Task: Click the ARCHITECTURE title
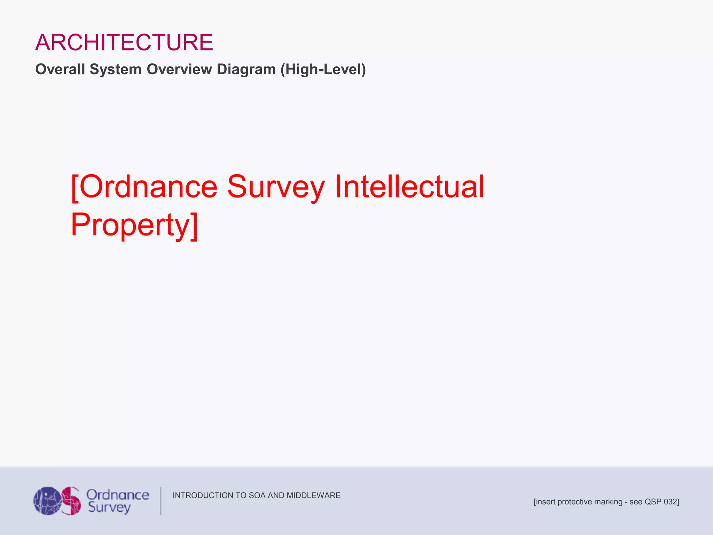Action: click(x=124, y=42)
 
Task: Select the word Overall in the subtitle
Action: click(x=60, y=69)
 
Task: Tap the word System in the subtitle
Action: click(x=116, y=69)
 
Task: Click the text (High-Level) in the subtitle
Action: click(x=323, y=69)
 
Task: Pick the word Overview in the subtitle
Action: click(x=179, y=69)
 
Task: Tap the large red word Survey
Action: click(x=276, y=187)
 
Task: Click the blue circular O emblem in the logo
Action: click(x=47, y=501)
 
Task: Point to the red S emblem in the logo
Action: click(x=72, y=501)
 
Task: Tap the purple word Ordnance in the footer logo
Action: click(x=118, y=495)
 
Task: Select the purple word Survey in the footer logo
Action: click(x=109, y=508)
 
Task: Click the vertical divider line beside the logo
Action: click(x=160, y=501)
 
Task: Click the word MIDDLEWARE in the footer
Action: click(x=313, y=495)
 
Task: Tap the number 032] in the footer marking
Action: click(x=671, y=502)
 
